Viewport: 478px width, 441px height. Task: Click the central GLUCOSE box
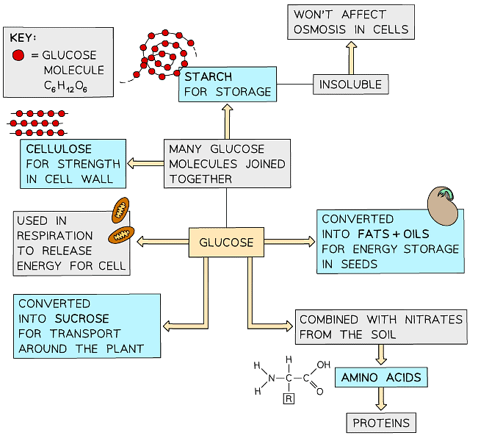[x=226, y=242]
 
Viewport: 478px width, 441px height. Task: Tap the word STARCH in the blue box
[x=208, y=76]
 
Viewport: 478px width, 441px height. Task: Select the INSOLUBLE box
[x=350, y=84]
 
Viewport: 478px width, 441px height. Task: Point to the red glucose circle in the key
[x=18, y=54]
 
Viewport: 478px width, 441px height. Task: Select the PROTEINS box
[x=381, y=423]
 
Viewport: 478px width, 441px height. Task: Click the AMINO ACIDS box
[x=381, y=378]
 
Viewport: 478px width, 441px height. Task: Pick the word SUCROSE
[x=82, y=318]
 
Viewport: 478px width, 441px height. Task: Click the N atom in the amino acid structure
[x=271, y=379]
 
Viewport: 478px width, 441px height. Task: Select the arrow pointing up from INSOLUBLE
[x=351, y=57]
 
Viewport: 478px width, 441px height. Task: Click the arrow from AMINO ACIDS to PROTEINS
[x=381, y=399]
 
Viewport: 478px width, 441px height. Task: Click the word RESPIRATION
[x=56, y=236]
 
